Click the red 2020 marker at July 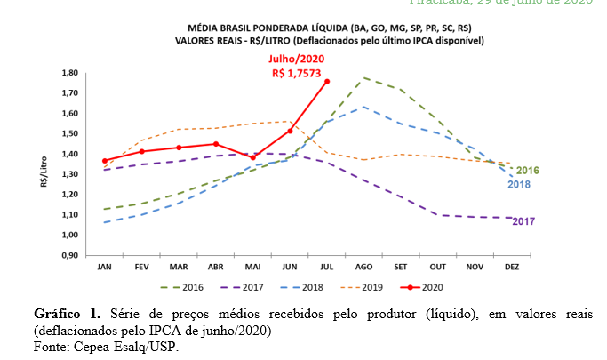coord(327,81)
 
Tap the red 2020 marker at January coord(105,161)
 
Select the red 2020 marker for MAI coord(252,157)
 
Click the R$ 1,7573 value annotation coord(299,73)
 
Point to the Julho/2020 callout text coord(299,60)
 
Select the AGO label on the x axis coord(363,267)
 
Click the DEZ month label coord(511,267)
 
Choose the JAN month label coord(105,267)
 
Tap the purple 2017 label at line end coord(525,220)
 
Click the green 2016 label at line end coord(527,170)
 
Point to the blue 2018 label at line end coord(520,184)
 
